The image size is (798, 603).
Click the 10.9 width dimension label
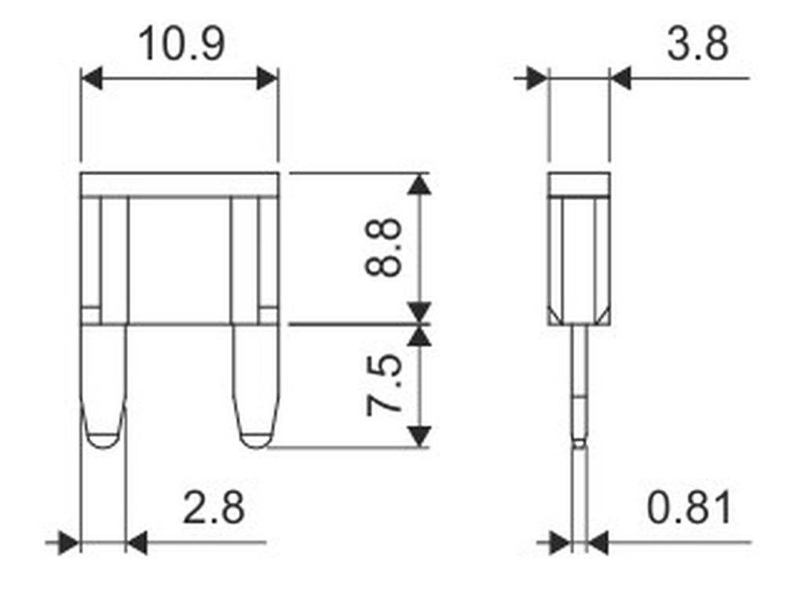[181, 44]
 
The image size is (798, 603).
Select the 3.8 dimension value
[697, 44]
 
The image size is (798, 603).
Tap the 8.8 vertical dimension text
[383, 248]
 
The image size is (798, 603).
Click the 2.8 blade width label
[213, 507]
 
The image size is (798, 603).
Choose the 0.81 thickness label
[689, 507]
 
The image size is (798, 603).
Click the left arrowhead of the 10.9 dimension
[92, 79]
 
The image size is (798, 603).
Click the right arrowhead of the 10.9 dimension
[267, 79]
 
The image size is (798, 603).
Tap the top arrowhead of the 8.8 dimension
[419, 184]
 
